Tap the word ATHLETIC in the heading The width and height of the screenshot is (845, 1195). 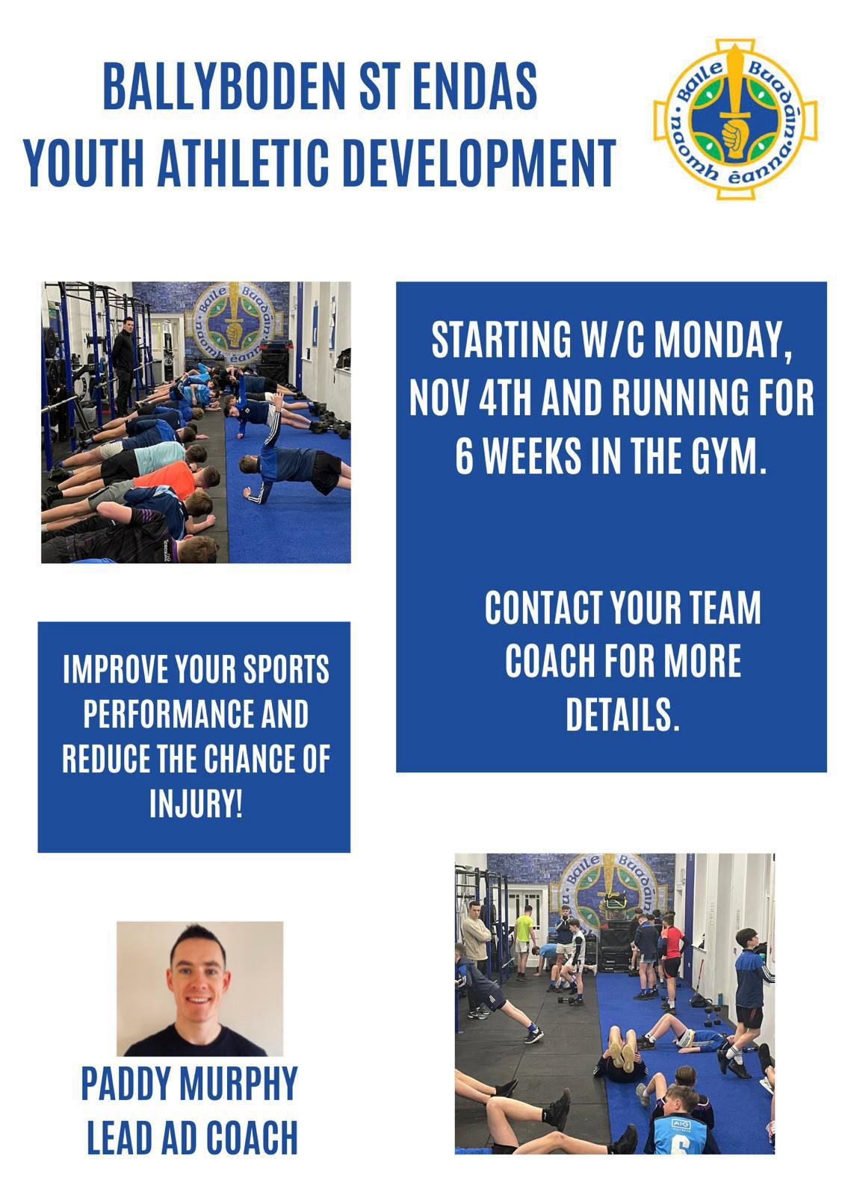click(x=244, y=163)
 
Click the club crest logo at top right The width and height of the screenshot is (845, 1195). click(x=735, y=119)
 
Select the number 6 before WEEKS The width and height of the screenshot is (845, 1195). click(x=465, y=456)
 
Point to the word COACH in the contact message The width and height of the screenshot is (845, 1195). click(x=548, y=660)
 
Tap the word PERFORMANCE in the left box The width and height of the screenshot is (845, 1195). click(x=169, y=714)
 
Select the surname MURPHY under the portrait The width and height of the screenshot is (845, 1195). click(x=238, y=1082)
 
